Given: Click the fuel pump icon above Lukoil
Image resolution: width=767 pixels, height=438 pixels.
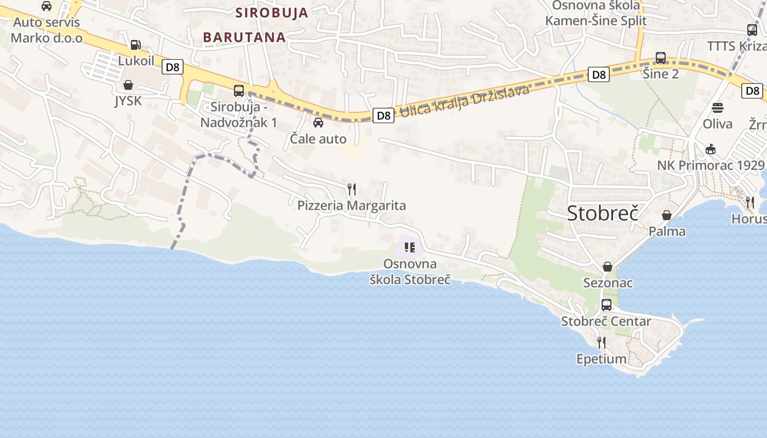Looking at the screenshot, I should pos(135,45).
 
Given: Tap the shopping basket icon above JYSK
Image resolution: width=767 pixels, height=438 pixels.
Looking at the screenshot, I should pos(128,85).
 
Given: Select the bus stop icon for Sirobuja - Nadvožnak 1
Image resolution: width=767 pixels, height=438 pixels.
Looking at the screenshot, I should pos(239,91).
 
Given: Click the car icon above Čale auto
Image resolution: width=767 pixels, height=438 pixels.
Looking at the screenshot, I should pos(318,123).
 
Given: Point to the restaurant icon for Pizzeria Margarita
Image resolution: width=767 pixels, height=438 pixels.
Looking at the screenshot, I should pos(352,189).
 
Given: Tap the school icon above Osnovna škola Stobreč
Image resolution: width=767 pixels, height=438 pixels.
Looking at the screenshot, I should pos(410,247).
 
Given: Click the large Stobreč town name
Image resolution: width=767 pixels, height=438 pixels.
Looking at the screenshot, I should pos(603,213).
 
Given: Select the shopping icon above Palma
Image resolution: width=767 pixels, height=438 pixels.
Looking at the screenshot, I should pos(667,215).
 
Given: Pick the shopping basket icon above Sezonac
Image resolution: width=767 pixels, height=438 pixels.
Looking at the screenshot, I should pos(608,267).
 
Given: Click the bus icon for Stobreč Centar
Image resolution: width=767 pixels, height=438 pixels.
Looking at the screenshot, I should pos(606,305).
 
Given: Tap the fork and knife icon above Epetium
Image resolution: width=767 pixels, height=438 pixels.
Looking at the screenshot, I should pos(602,343).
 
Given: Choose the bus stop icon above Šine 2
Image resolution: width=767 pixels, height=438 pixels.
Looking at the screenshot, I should pos(661,57).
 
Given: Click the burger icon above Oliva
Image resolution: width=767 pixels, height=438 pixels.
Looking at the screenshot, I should pos(718,108).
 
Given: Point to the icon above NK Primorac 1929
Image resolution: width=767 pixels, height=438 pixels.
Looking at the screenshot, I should pos(711,149).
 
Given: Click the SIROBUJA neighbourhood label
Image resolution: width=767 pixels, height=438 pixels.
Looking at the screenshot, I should pos(272,13).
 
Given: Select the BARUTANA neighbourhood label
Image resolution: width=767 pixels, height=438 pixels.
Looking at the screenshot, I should pos(244,37).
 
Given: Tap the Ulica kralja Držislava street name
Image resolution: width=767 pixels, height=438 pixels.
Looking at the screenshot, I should pos(465,101).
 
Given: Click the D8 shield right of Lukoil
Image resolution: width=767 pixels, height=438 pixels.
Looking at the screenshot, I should pos(173,67).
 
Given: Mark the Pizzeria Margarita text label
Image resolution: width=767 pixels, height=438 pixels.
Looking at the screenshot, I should pos(352,206).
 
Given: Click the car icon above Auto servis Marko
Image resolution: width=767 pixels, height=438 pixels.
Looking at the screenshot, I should pos(47,6).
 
